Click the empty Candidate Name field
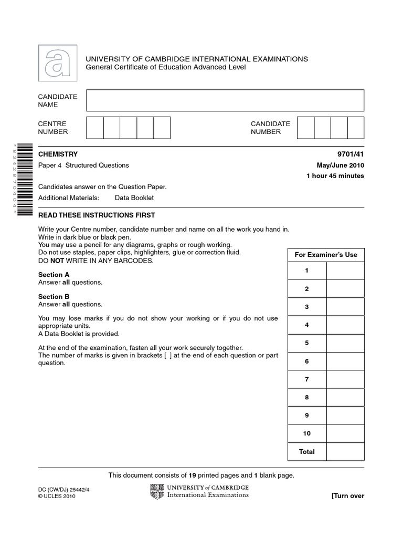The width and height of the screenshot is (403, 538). [225, 100]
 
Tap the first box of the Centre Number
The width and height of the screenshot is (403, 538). [95, 128]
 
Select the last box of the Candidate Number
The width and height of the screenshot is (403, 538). [356, 128]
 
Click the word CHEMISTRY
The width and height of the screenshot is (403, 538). [58, 154]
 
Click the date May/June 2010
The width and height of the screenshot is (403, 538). [338, 165]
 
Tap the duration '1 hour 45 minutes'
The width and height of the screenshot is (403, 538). [335, 176]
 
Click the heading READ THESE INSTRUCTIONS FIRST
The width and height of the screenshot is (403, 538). [97, 215]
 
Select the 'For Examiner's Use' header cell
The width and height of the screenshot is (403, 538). [326, 255]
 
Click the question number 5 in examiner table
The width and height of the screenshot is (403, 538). [307, 343]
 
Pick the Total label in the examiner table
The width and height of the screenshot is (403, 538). [307, 452]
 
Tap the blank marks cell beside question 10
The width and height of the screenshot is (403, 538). [345, 433]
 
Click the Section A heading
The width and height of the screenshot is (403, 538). [54, 275]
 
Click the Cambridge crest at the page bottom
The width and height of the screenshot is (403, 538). [157, 492]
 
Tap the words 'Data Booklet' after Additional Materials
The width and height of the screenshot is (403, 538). [134, 198]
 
